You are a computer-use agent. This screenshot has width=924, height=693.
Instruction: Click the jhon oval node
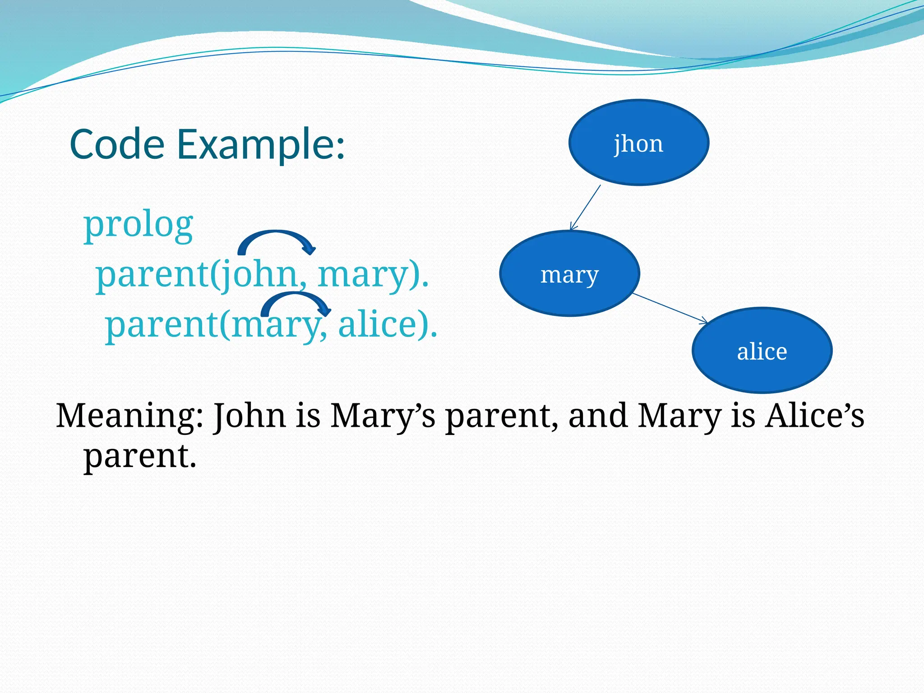638,143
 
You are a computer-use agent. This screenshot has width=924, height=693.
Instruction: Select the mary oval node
569,273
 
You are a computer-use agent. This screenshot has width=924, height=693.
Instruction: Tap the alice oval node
762,351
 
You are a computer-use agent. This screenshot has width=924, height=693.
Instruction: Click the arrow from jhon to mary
586,208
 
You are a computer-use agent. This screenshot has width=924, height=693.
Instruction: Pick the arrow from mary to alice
670,308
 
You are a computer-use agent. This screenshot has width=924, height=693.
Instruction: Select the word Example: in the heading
260,145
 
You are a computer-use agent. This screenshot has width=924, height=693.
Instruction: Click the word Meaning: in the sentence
129,416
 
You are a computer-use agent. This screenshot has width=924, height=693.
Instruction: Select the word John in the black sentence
249,416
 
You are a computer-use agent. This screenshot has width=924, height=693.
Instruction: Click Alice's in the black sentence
814,416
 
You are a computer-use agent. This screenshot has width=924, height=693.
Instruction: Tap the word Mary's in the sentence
383,416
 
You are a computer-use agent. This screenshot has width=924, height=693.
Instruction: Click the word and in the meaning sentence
597,416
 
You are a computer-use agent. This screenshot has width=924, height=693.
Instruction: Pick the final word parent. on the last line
140,456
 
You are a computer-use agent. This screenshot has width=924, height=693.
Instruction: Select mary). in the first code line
373,275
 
